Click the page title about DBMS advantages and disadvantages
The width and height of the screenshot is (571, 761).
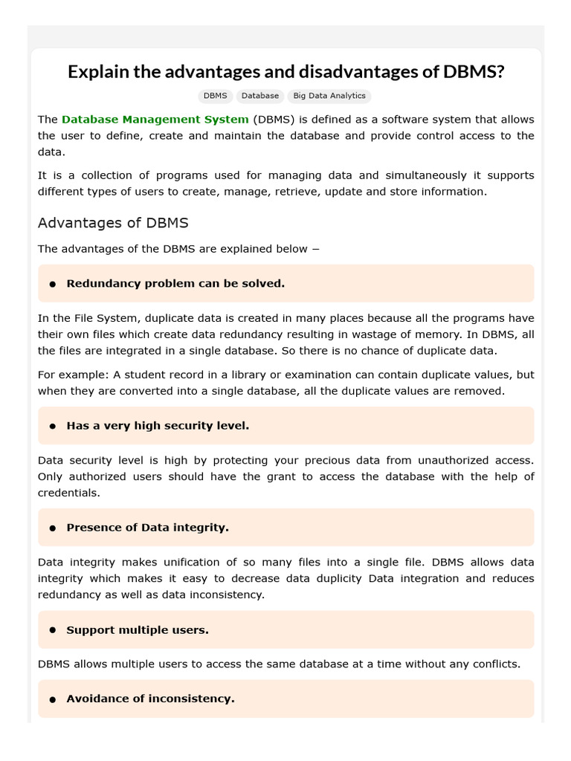point(285,72)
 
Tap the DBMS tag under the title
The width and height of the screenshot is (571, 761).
point(215,96)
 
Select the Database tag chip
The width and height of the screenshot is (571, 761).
point(260,96)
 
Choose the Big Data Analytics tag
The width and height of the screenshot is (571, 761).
point(329,96)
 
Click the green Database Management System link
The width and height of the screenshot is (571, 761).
point(155,119)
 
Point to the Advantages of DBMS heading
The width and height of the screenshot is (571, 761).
point(113,223)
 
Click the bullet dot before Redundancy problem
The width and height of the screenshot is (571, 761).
point(53,284)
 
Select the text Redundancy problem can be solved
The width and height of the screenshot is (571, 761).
point(175,283)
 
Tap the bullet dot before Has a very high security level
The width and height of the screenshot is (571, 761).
point(53,427)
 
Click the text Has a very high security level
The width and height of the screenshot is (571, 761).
point(158,426)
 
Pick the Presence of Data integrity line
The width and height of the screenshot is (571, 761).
point(147,528)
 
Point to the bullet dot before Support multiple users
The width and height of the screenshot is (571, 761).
point(53,630)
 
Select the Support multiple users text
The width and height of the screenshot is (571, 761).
point(138,630)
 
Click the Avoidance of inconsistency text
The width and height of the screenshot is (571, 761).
point(150,699)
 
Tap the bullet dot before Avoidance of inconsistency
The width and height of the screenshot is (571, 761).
point(53,699)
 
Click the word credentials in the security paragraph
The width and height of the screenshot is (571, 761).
point(68,493)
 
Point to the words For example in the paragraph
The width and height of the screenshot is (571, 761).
point(67,375)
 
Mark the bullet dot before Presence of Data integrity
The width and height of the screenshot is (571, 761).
point(53,528)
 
